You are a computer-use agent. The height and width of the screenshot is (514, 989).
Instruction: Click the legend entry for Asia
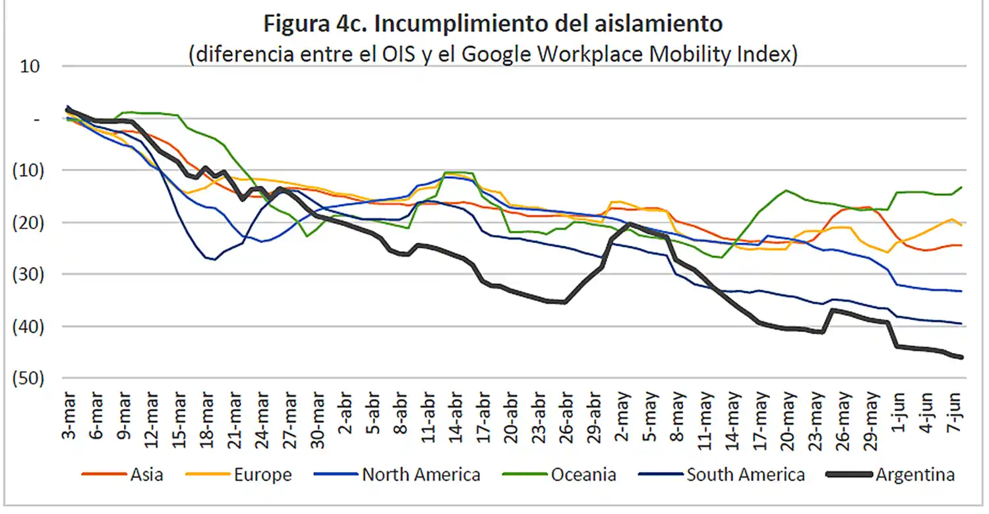pyautogui.click(x=146, y=474)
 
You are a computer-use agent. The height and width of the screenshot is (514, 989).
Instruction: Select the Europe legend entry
pyautogui.click(x=262, y=474)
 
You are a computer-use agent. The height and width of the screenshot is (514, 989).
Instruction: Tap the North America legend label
pyautogui.click(x=421, y=474)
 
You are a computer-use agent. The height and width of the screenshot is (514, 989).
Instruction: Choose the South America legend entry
pyautogui.click(x=745, y=474)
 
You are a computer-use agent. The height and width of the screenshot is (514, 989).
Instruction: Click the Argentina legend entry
pyautogui.click(x=915, y=474)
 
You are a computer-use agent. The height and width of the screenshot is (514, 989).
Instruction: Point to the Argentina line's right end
pyautogui.click(x=961, y=357)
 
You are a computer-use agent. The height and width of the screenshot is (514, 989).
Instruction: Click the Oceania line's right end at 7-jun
pyautogui.click(x=961, y=187)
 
